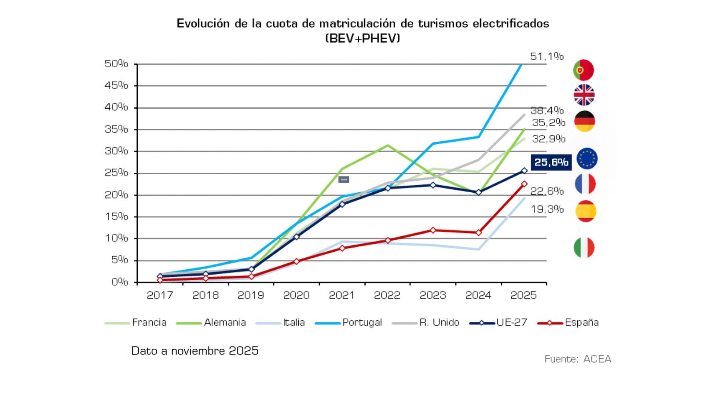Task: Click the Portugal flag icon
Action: [583, 70]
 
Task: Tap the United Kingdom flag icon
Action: [584, 95]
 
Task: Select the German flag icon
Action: [584, 121]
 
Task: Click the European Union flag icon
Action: [587, 159]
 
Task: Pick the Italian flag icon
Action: [584, 247]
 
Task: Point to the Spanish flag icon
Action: [586, 211]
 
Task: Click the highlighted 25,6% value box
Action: [551, 162]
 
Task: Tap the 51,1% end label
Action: [546, 56]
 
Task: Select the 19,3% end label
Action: [547, 209]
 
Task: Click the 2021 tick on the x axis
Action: [341, 295]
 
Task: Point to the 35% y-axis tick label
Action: [116, 129]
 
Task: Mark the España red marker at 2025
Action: [524, 184]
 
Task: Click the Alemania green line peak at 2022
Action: [387, 145]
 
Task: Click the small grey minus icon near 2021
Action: [344, 180]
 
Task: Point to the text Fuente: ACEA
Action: [577, 359]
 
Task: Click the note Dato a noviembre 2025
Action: [194, 351]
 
